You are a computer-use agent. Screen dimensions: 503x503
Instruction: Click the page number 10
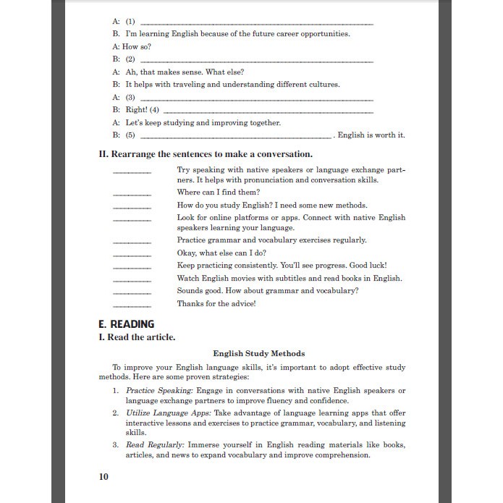pyautogui.click(x=103, y=476)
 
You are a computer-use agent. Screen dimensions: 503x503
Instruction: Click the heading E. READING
pyautogui.click(x=126, y=324)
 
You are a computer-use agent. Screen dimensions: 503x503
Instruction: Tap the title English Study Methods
pyautogui.click(x=258, y=353)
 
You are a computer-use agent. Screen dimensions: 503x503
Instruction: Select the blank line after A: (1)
pyautogui.click(x=256, y=24)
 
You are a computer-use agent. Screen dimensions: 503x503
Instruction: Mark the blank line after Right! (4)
pyautogui.click(x=268, y=111)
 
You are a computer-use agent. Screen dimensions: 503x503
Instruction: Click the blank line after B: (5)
pyautogui.click(x=236, y=136)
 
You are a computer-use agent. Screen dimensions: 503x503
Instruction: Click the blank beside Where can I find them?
pyautogui.click(x=132, y=194)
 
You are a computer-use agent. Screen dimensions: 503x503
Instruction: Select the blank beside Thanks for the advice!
pyautogui.click(x=132, y=305)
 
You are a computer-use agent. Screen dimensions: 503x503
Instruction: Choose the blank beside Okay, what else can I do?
pyautogui.click(x=132, y=255)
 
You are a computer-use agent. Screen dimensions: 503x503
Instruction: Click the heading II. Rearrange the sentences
pyautogui.click(x=205, y=154)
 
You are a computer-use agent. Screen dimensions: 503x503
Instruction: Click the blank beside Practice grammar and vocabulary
pyautogui.click(x=132, y=241)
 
